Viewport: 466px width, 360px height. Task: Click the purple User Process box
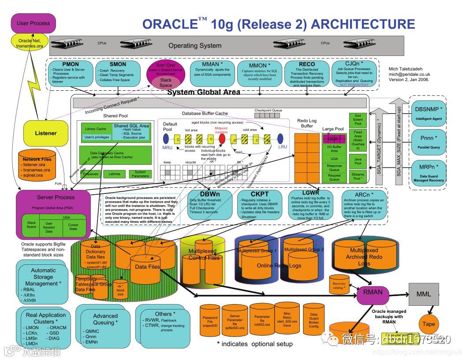(34, 23)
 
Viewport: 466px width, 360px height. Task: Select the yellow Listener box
(46, 133)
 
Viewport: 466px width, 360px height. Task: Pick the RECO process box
(306, 74)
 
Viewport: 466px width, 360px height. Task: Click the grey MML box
(424, 294)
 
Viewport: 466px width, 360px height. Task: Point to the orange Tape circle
(429, 324)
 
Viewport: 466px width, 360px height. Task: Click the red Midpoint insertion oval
(222, 139)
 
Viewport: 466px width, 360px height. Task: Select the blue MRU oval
(168, 139)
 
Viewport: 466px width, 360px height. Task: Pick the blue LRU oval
(280, 139)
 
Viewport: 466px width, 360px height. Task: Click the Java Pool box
(358, 161)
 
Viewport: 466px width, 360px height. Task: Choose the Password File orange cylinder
(209, 321)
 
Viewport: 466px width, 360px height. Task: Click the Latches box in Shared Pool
(114, 174)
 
